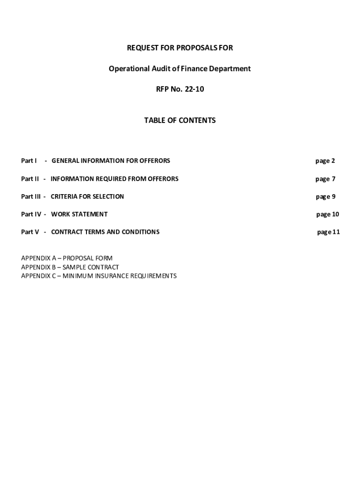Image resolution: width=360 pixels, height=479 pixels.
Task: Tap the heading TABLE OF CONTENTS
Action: click(x=180, y=120)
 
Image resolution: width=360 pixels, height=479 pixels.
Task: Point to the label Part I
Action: click(x=29, y=161)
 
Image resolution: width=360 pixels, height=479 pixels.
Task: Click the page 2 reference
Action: click(x=325, y=161)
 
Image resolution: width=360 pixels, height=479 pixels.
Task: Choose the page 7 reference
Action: click(x=325, y=179)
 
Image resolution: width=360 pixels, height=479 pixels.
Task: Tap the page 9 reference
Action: click(x=325, y=196)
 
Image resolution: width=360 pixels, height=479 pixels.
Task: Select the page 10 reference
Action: click(x=327, y=214)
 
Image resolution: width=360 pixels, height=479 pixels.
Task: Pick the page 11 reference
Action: click(x=328, y=232)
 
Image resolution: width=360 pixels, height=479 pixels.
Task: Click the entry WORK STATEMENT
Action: click(x=79, y=214)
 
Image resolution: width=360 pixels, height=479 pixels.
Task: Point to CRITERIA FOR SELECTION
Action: click(x=87, y=196)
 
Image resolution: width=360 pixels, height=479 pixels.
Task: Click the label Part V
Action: click(x=30, y=232)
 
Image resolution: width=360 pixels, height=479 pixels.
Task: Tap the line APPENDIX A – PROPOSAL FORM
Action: click(x=67, y=258)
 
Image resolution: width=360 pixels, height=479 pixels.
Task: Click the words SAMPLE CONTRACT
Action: click(x=91, y=267)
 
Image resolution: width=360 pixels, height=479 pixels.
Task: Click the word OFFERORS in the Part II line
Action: click(x=162, y=179)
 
